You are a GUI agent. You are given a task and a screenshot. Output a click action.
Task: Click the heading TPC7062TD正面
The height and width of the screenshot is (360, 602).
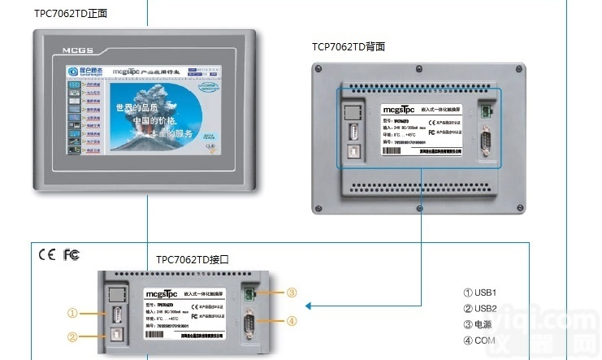[71, 14]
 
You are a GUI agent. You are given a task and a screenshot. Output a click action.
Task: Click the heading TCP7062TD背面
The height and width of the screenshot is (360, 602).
[349, 46]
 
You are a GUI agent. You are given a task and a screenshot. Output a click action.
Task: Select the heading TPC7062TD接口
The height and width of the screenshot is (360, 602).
[193, 260]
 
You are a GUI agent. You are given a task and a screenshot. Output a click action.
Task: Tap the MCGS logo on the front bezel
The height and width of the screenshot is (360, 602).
[78, 50]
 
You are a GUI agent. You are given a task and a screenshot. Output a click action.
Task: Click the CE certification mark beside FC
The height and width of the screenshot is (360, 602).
[47, 254]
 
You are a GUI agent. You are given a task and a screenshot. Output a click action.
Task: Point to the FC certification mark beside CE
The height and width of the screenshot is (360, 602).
[71, 254]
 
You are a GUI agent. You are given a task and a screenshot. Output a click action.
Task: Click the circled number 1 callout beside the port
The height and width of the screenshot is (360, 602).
[72, 312]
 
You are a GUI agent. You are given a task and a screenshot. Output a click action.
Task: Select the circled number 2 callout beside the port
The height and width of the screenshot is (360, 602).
[72, 336]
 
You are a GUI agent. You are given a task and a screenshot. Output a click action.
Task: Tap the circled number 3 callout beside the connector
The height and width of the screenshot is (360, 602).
[292, 293]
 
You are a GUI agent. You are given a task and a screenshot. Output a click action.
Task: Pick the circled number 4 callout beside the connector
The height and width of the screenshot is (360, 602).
[292, 320]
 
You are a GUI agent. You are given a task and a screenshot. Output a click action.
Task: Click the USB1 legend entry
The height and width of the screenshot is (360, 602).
[479, 293]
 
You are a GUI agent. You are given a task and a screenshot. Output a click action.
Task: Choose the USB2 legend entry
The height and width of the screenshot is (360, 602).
[479, 308]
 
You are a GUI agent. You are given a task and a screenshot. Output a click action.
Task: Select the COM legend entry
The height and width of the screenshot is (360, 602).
[479, 340]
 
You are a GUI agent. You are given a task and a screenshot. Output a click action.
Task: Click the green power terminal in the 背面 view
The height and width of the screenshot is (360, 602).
[487, 111]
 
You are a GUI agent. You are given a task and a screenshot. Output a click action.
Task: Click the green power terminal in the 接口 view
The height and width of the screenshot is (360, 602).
[253, 292]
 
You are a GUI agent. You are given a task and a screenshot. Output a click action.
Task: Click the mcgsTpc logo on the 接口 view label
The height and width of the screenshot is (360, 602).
[162, 293]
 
